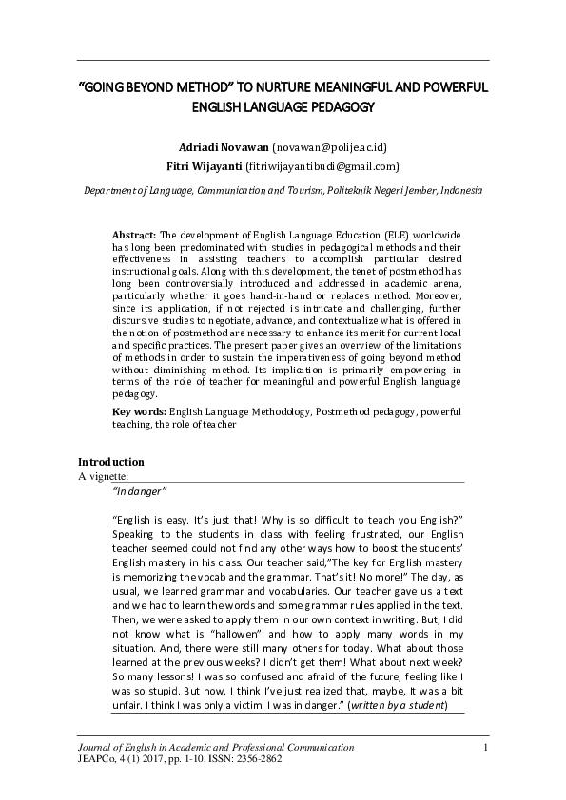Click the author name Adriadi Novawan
224,147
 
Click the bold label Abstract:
134,234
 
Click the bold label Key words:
139,413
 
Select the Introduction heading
111,462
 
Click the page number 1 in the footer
485,754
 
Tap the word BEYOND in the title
156,87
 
